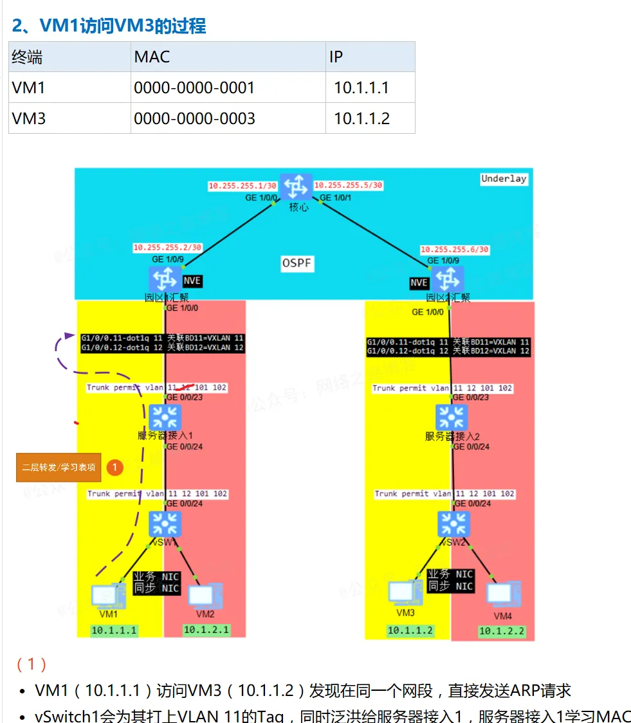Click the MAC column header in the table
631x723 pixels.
[152, 57]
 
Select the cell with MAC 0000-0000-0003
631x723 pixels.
[194, 118]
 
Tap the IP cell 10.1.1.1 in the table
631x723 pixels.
[361, 87]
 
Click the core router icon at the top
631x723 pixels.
[296, 187]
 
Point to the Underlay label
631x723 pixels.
[504, 179]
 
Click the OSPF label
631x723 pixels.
[297, 263]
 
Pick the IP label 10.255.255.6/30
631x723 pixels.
[455, 250]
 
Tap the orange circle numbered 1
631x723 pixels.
[114, 468]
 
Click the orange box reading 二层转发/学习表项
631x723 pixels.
[59, 468]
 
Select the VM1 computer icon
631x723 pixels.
[104, 596]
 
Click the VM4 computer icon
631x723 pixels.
[503, 595]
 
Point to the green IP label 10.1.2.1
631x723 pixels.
[206, 630]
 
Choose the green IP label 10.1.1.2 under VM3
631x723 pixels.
[410, 631]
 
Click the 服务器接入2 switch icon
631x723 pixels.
[452, 417]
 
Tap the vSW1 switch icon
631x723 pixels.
[165, 524]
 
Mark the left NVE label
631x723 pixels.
[192, 281]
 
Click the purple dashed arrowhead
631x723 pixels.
[69, 335]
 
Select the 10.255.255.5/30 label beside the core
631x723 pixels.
[348, 185]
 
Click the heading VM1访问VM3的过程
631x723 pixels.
[109, 26]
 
